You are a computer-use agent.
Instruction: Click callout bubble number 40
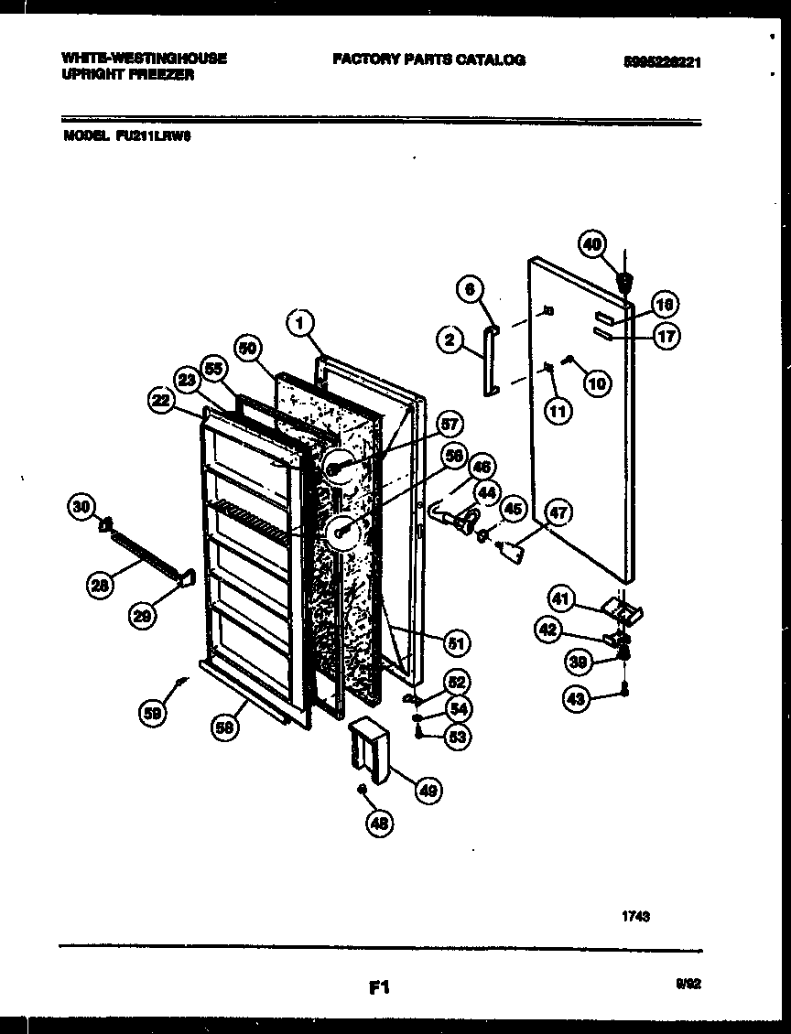592,244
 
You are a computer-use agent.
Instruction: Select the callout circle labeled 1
300,322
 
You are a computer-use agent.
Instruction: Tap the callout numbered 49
427,789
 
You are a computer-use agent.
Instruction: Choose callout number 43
575,699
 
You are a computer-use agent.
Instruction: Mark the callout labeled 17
666,336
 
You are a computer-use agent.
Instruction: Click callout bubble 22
161,400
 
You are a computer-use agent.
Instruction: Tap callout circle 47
558,513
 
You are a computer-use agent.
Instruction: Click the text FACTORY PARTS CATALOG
428,59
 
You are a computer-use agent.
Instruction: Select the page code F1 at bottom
380,986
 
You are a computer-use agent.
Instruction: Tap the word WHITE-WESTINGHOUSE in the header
144,58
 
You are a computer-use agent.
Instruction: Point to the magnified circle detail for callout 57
338,469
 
